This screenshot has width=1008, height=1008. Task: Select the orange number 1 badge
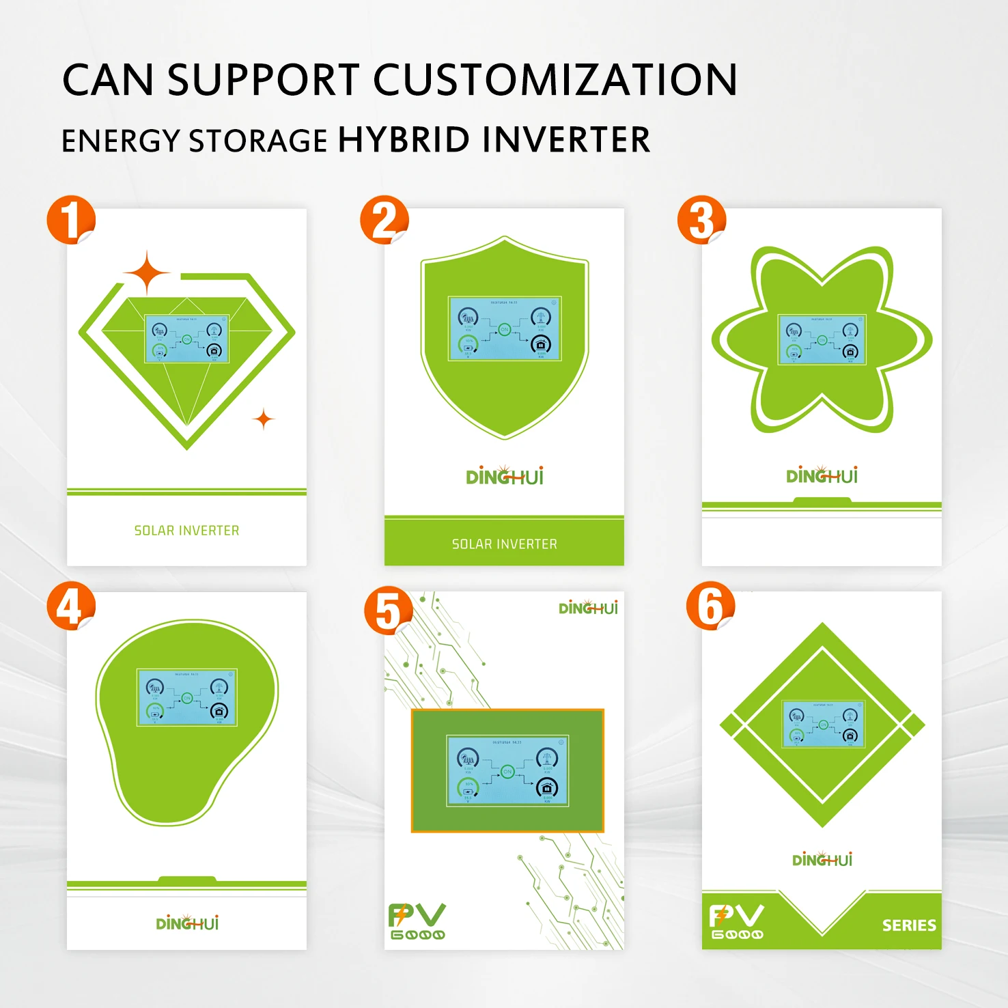pos(70,220)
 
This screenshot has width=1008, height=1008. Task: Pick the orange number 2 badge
pos(384,220)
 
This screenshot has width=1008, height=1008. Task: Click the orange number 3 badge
pos(701,220)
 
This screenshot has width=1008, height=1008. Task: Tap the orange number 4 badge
pos(70,606)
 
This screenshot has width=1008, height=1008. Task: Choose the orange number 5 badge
pos(388,610)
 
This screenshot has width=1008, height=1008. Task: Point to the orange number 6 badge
pos(710,606)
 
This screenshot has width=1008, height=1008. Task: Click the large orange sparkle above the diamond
pos(147,272)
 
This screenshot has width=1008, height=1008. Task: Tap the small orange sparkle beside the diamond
pos(264,419)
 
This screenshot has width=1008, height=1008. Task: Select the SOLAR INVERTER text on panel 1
pos(186,531)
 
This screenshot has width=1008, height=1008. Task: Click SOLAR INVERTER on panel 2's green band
pos(504,544)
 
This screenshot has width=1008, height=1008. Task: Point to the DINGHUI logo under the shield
pos(504,476)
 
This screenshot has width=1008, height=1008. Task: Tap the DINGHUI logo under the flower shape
pos(822,475)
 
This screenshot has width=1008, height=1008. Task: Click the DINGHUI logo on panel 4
pos(187,923)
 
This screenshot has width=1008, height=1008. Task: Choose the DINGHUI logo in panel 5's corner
pos(587,608)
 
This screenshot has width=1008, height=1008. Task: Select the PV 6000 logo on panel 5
pos(417,921)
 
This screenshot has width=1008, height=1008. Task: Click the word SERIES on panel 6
pos(909,925)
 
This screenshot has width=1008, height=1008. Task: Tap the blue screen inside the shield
pos(504,328)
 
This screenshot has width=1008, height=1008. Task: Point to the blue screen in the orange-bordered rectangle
pos(507,771)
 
